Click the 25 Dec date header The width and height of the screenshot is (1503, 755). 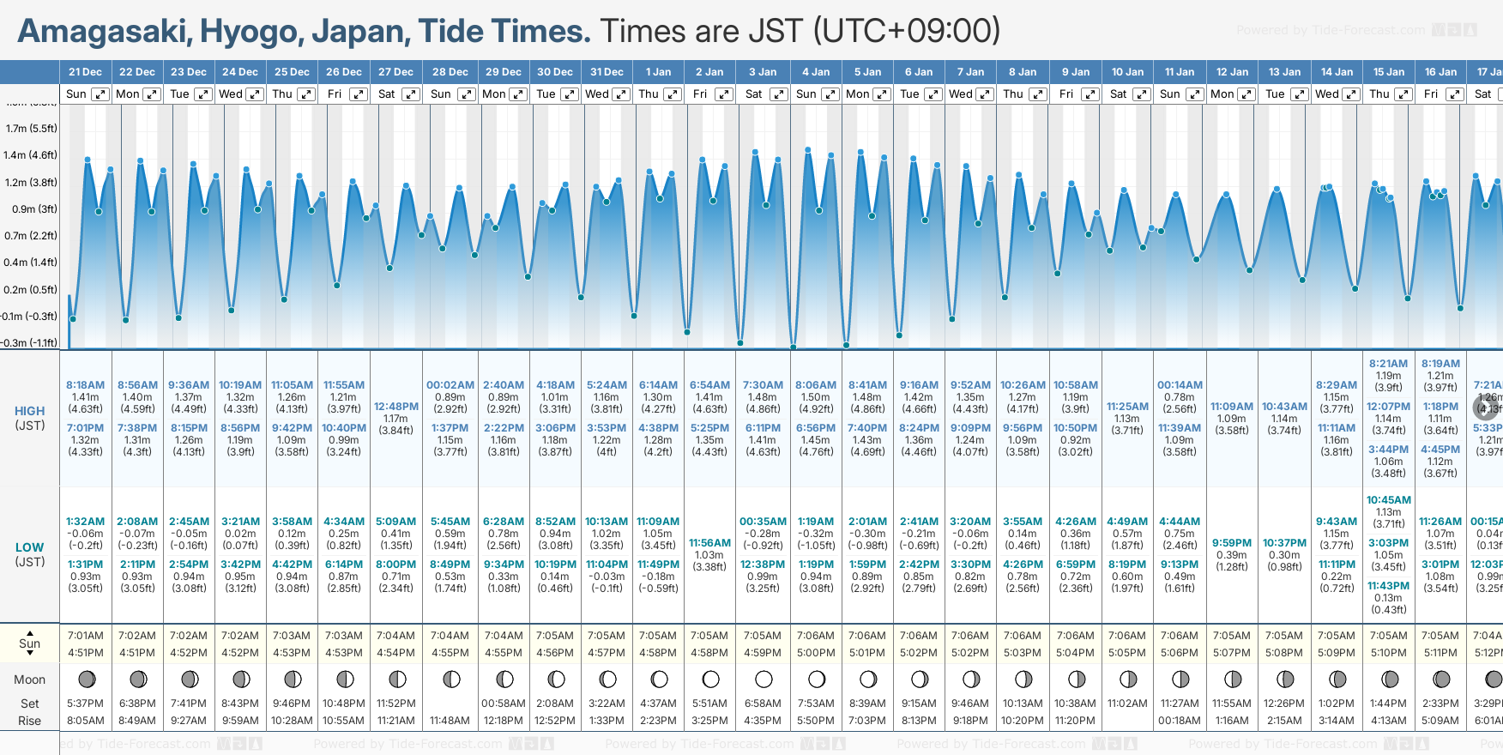click(292, 72)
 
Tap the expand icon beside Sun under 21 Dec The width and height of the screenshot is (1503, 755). click(100, 94)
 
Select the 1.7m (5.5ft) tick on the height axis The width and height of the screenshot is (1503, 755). click(31, 129)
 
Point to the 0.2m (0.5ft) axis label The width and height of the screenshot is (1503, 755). click(30, 290)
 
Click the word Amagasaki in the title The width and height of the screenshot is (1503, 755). click(103, 32)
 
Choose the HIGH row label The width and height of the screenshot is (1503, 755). click(29, 411)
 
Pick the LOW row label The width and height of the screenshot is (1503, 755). click(29, 547)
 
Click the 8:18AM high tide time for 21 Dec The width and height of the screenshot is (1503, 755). click(85, 385)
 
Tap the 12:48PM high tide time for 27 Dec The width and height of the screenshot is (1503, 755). click(396, 407)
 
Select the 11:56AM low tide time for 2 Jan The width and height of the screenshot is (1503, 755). click(709, 543)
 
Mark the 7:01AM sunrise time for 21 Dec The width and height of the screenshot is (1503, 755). click(86, 636)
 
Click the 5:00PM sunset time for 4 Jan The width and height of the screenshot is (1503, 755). click(815, 653)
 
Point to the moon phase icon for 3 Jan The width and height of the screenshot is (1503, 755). click(764, 679)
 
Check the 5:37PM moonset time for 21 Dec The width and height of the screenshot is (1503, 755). click(86, 704)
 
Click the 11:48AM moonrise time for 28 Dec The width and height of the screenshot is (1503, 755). click(450, 721)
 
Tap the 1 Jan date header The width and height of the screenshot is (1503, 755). click(658, 72)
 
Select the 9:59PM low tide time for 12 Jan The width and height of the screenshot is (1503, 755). click(1232, 543)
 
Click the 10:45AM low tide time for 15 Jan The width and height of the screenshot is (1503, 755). click(1388, 500)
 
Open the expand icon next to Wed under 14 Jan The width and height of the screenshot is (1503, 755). click(1350, 94)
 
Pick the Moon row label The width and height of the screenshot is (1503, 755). click(29, 679)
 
